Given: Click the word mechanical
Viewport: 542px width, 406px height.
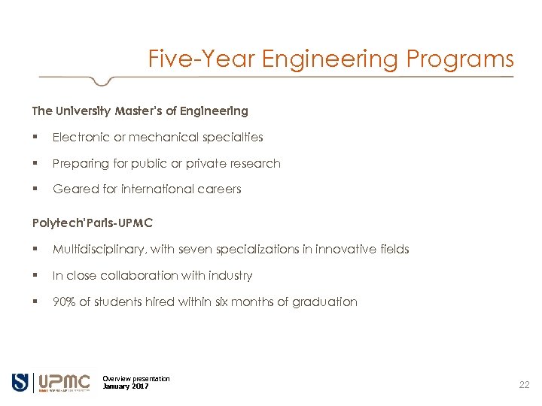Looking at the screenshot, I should (x=164, y=138).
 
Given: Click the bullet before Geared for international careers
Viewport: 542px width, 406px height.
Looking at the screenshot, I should (x=35, y=189).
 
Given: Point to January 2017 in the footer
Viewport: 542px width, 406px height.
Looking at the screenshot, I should (x=126, y=386).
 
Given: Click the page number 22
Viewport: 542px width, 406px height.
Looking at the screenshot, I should (x=525, y=385).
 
